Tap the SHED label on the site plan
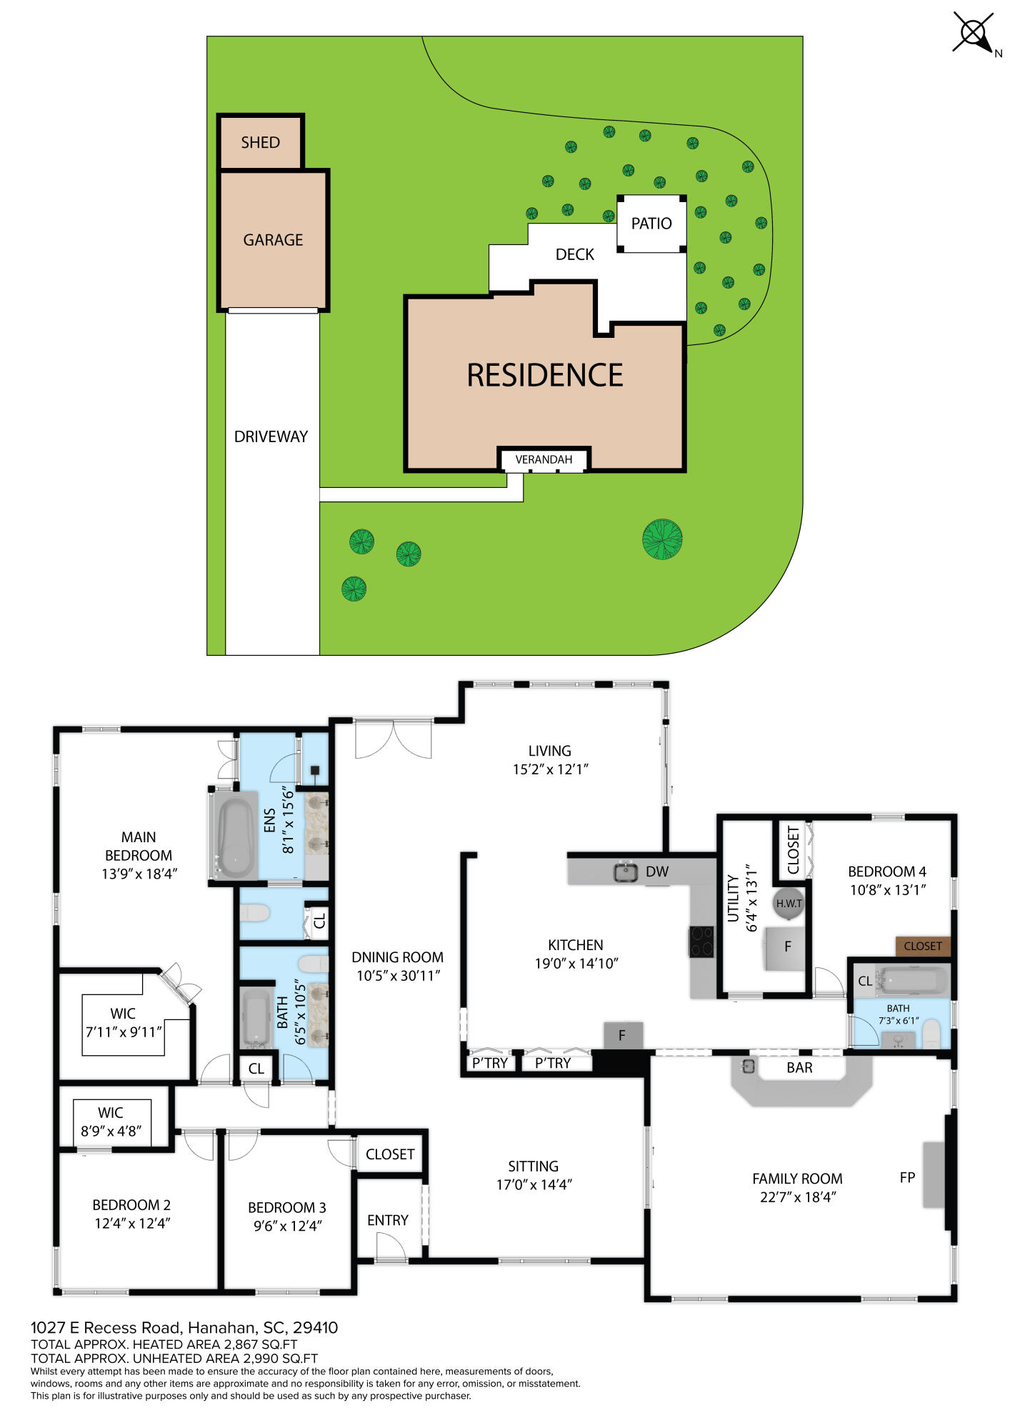(260, 142)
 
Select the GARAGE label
(273, 240)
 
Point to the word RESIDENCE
(545, 375)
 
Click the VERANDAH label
(544, 459)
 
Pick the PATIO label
(651, 224)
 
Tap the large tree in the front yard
(662, 539)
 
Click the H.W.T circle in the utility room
(789, 904)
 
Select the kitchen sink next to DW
(626, 872)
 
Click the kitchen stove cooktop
(701, 941)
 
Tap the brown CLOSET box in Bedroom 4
(923, 946)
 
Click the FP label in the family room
(907, 1177)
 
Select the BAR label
(799, 1067)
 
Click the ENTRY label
(388, 1220)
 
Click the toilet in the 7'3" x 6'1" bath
(931, 1034)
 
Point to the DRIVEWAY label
(271, 436)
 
